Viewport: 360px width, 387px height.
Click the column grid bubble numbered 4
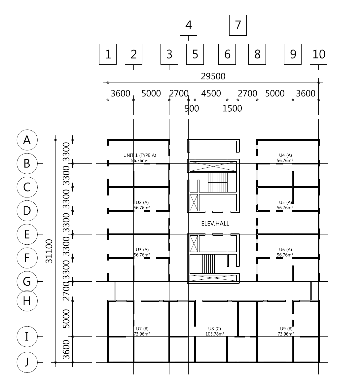[188, 25]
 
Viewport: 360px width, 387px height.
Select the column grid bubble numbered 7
[238, 25]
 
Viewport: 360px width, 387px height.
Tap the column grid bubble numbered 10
[318, 54]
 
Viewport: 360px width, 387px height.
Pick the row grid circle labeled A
[27, 140]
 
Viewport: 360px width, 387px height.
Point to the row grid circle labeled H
[27, 301]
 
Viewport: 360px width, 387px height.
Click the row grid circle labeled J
[27, 362]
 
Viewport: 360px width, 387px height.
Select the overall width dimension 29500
[213, 77]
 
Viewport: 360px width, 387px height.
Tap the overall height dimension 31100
[50, 251]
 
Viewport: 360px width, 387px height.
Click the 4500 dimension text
[211, 93]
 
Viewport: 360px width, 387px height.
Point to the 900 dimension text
[192, 108]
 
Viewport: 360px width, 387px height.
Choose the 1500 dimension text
[232, 108]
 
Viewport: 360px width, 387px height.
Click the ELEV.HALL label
[215, 224]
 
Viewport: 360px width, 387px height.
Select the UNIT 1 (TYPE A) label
[140, 155]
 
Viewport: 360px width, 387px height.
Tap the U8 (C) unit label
[215, 329]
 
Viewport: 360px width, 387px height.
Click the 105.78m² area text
[215, 334]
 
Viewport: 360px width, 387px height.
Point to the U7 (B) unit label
[142, 329]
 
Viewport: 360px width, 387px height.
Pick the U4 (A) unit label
[285, 155]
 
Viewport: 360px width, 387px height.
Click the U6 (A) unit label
[285, 250]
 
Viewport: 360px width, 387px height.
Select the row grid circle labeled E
[27, 234]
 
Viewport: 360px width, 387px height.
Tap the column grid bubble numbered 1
[108, 54]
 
